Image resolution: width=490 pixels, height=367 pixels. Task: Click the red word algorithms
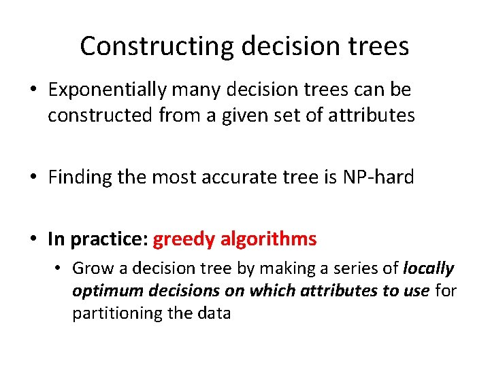click(269, 239)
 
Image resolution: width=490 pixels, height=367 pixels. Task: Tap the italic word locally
click(428, 268)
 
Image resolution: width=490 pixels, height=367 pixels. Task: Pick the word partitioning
click(114, 313)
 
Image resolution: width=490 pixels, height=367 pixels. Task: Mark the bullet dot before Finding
click(34, 178)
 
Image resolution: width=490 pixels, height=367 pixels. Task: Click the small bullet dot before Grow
click(60, 269)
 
